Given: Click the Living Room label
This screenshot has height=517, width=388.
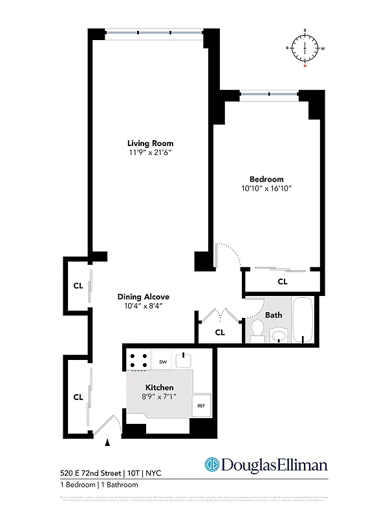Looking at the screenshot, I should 150,143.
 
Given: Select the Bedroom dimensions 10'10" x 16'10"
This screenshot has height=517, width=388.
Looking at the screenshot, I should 266,189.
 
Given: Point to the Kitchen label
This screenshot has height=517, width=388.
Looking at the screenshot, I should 159,386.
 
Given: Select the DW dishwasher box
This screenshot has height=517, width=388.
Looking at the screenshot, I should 163,362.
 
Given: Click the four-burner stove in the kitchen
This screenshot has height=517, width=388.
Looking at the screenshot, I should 138,361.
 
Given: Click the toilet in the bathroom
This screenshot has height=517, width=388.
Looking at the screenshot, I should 256,333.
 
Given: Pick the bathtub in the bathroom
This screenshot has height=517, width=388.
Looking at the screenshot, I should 303,321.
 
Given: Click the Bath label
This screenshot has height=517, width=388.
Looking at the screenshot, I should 273,315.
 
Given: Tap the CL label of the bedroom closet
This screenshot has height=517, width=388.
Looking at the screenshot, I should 282,282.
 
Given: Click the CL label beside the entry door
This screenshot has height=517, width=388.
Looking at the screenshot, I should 78,397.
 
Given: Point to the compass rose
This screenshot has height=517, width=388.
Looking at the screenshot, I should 305,48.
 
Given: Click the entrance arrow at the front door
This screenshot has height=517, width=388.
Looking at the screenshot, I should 107,442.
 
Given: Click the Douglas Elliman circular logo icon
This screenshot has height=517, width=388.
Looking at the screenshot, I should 211,465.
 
